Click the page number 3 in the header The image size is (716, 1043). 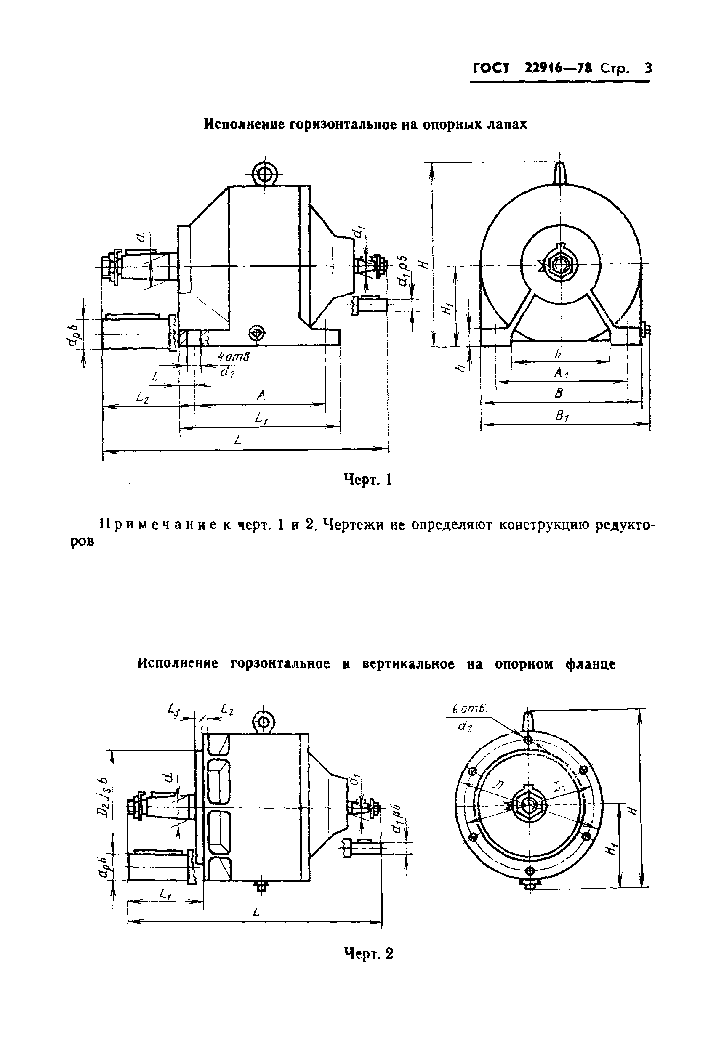click(648, 68)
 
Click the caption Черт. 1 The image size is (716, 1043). click(367, 480)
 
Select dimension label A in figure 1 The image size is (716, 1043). click(261, 395)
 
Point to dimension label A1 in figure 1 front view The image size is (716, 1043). click(562, 372)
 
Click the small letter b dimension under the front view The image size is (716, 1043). click(558, 354)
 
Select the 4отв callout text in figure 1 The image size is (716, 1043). click(234, 357)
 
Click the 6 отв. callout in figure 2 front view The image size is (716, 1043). click(470, 709)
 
